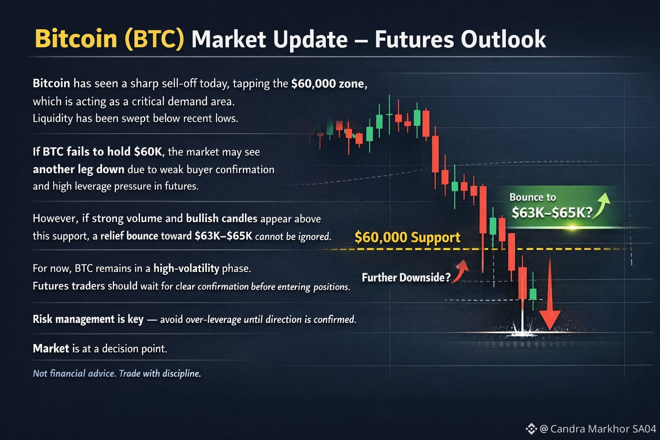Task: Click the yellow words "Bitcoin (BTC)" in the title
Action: (109, 39)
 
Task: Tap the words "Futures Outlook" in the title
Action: (460, 39)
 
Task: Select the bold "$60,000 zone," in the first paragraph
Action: (330, 84)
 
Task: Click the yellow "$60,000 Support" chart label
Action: (407, 237)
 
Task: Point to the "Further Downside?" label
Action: (406, 277)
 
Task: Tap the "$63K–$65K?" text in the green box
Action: (552, 212)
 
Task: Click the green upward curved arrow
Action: (601, 205)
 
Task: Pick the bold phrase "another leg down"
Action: (78, 169)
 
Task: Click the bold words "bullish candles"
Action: (222, 218)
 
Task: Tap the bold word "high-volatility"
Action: (186, 269)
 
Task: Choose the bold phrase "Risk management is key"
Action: (88, 319)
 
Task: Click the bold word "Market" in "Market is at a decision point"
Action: (51, 348)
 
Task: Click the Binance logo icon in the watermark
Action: (531, 429)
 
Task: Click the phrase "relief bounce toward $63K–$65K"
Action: (176, 236)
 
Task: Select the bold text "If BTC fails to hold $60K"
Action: (98, 152)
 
